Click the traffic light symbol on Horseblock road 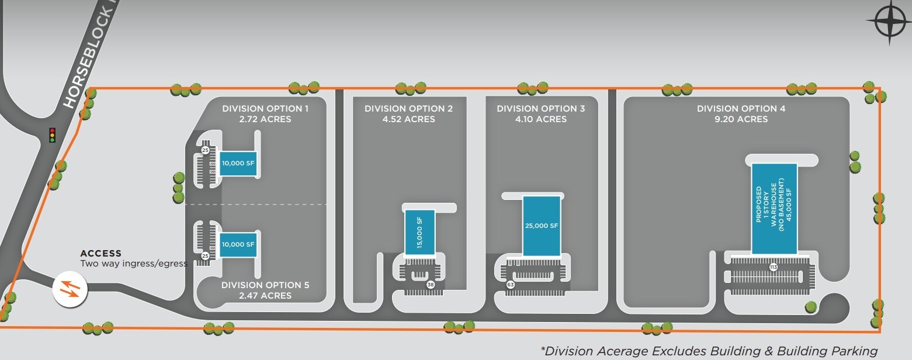[x=52, y=134]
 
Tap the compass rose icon [x=889, y=22]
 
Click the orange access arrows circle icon [x=70, y=289]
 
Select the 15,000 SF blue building [x=419, y=231]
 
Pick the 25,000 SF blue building [x=542, y=226]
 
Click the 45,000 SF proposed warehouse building [x=774, y=208]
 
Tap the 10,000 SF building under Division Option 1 [x=237, y=164]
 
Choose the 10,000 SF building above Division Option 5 [x=237, y=244]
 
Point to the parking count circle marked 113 [x=773, y=267]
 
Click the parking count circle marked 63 [x=510, y=285]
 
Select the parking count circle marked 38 [x=431, y=285]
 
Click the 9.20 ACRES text [x=741, y=119]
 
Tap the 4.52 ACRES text [x=408, y=119]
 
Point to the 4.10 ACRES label [x=540, y=119]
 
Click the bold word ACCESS [x=100, y=254]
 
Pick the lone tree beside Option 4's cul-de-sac [x=810, y=306]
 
